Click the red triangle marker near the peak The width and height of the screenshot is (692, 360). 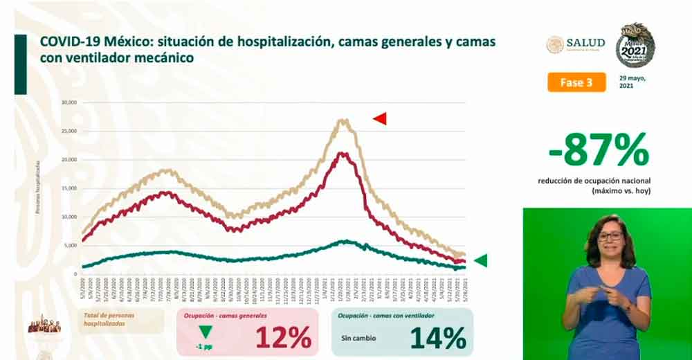click(379, 119)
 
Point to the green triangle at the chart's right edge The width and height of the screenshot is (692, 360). click(480, 260)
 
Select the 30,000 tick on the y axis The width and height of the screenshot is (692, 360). click(69, 102)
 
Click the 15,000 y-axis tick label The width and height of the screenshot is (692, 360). click(69, 188)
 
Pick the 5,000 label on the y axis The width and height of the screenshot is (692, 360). click(71, 246)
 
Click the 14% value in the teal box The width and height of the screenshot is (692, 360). click(438, 338)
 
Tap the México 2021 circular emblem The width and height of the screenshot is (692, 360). click(635, 45)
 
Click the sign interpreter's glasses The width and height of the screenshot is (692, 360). click(610, 237)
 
